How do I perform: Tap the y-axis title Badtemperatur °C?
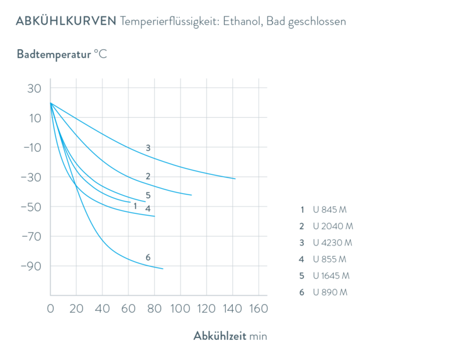click(62, 54)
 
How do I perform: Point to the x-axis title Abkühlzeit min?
click(230, 336)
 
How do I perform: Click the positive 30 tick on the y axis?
click(34, 89)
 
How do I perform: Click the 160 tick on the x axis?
click(258, 309)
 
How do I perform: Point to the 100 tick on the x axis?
click(180, 309)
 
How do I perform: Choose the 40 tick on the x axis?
click(102, 309)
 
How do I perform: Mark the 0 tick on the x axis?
click(50, 309)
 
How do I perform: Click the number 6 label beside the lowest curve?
click(148, 257)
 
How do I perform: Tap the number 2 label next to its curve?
click(148, 176)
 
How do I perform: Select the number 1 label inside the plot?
click(135, 206)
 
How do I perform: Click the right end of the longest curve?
click(235, 179)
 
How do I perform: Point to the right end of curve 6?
click(163, 269)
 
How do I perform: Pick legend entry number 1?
click(323, 209)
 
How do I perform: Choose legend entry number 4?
click(323, 259)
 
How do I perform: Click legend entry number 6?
click(323, 292)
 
